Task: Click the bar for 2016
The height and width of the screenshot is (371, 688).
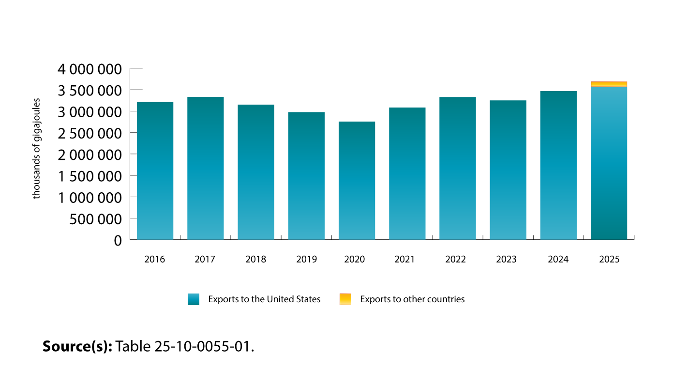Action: pos(155,170)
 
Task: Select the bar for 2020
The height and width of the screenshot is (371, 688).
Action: pos(357,180)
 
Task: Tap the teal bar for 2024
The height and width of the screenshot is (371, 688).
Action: pos(558,165)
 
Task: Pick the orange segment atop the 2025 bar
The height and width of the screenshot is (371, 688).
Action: pos(609,84)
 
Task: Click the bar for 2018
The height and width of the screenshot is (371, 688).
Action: pos(256,172)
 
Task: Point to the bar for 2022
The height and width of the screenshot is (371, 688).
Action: pos(457,168)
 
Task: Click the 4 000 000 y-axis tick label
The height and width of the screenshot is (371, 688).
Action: pos(90,69)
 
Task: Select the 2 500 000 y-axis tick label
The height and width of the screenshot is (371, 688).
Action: pos(90,133)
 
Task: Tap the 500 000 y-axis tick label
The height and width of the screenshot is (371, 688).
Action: pos(95,219)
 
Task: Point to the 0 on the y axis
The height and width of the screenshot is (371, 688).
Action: pos(118,240)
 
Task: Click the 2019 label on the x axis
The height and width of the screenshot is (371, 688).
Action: pos(306,260)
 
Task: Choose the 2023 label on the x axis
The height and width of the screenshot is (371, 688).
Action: pos(506,260)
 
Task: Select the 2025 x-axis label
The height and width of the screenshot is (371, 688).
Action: pos(609,260)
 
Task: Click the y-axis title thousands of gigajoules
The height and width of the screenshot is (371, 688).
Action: pos(37,148)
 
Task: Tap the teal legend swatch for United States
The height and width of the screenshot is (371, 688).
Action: pos(194,299)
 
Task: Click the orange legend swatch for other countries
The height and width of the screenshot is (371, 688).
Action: pos(345,299)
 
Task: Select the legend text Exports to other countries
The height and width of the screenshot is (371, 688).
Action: pos(412,299)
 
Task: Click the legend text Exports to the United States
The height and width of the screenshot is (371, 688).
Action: pos(264,299)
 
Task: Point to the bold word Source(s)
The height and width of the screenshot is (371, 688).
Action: pos(77,347)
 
